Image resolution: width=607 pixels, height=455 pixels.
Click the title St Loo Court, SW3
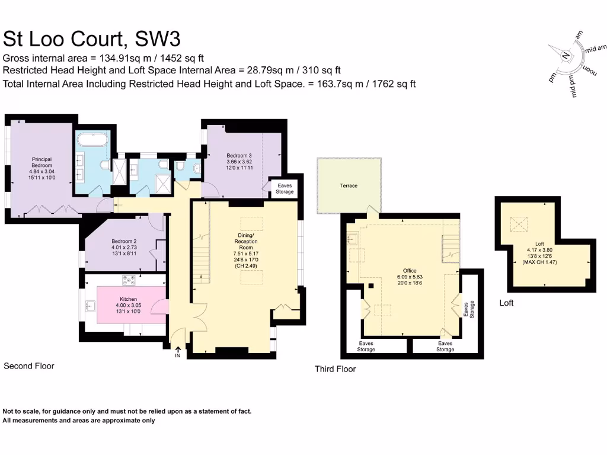(x=92, y=39)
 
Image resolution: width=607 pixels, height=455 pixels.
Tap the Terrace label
(x=349, y=186)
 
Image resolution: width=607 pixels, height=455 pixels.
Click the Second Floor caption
(x=29, y=366)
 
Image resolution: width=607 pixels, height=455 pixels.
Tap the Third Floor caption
(x=335, y=369)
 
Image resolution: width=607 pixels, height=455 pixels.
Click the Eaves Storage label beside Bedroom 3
(x=285, y=188)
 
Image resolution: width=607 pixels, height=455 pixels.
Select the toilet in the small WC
(x=196, y=169)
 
